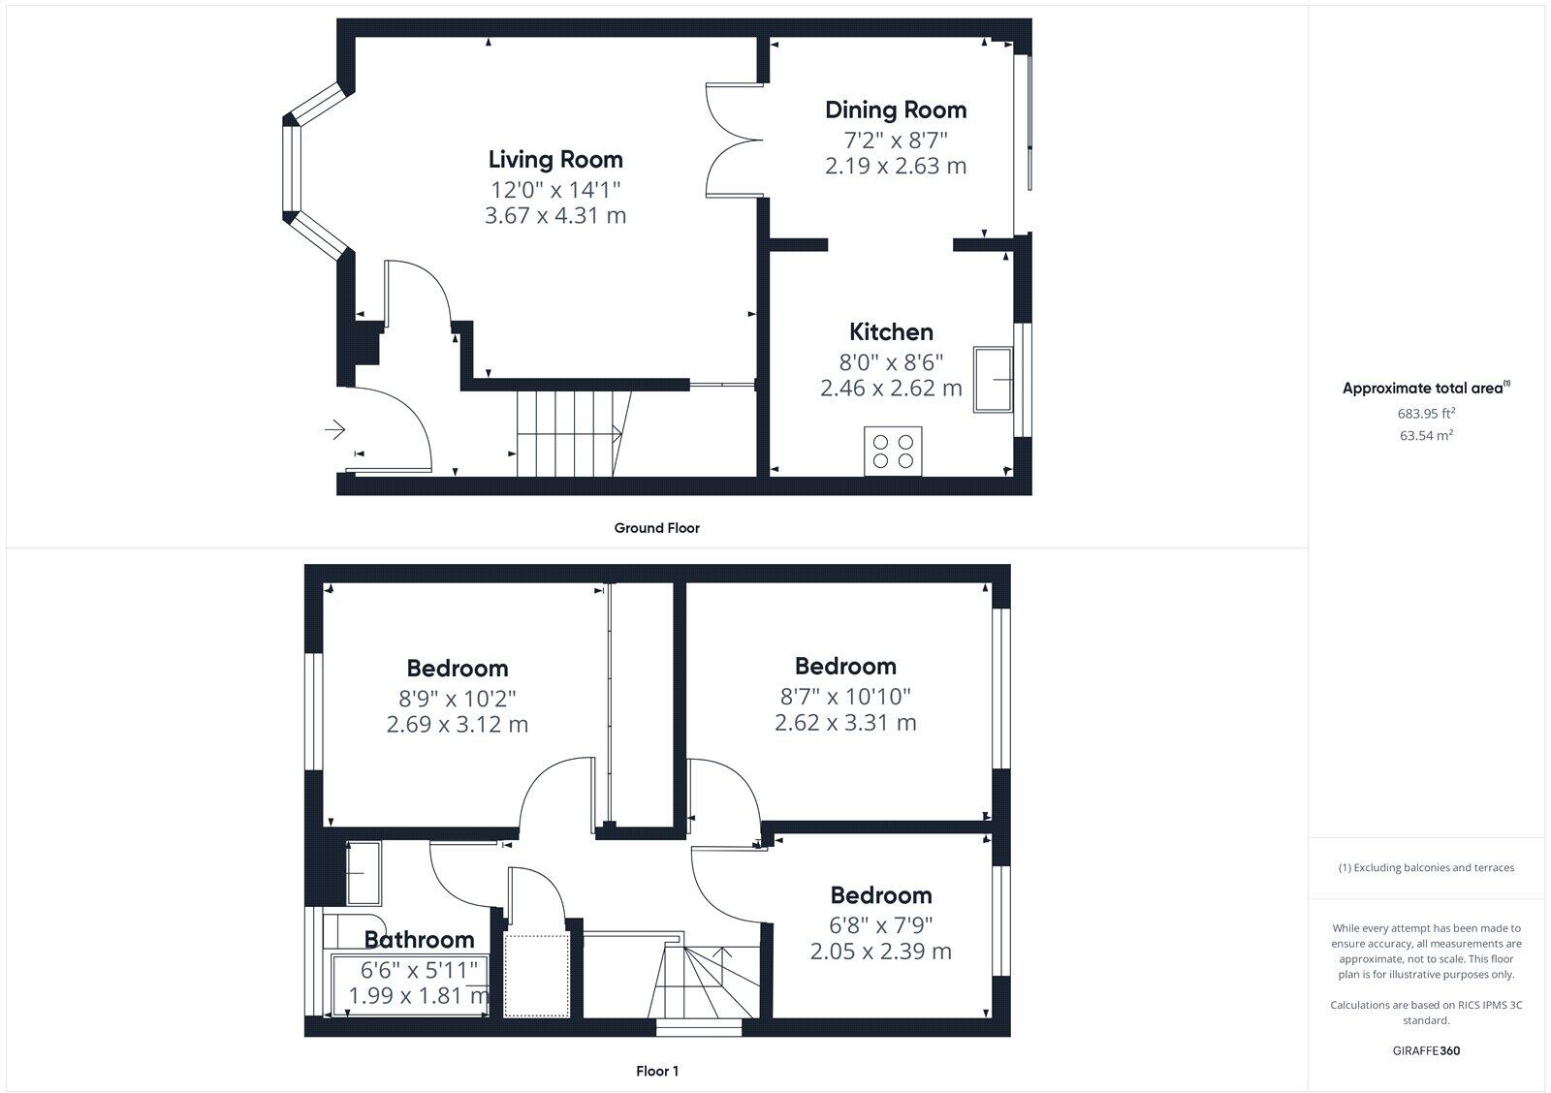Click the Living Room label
[554, 159]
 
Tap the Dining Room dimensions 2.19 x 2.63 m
[895, 166]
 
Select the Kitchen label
[891, 331]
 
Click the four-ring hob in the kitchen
[893, 451]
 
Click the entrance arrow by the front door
[335, 428]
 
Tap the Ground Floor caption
[656, 528]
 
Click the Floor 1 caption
[656, 1071]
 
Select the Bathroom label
[419, 939]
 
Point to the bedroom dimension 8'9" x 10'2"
[457, 698]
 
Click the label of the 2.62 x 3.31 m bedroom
[844, 666]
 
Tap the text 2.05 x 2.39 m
[880, 952]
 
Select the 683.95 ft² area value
[1425, 413]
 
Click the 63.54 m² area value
[1425, 435]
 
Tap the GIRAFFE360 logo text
[1425, 1050]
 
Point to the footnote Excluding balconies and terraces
[1425, 867]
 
